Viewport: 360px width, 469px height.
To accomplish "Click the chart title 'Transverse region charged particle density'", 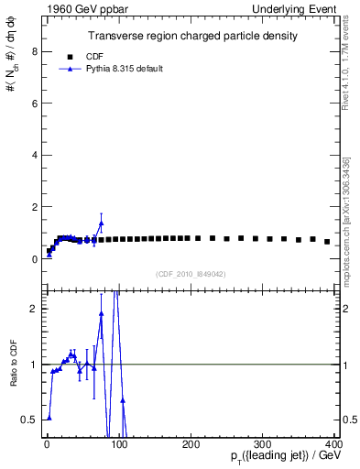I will (191, 37).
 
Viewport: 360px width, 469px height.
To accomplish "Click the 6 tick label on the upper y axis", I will (34, 104).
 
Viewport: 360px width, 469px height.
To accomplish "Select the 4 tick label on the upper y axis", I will (34, 156).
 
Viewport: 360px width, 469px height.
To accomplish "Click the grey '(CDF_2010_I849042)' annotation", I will (191, 272).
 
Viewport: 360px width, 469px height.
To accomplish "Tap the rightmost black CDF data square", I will (327, 242).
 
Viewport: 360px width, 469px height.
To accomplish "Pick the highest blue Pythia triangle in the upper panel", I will (101, 223).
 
